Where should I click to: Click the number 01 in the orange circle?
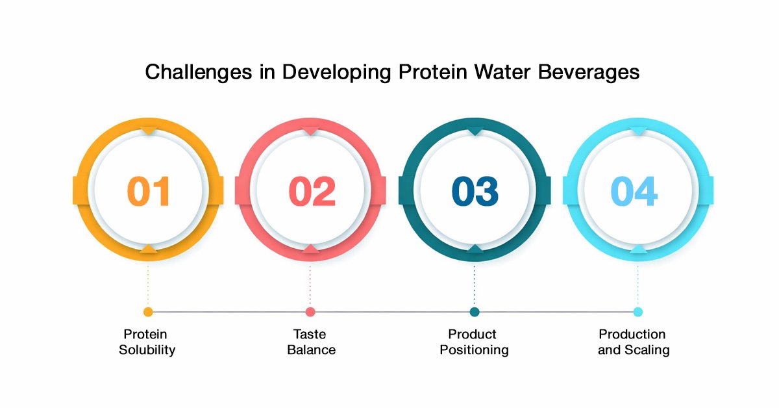tap(149, 191)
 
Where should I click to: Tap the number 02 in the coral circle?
tap(312, 191)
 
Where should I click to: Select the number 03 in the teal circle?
tap(475, 191)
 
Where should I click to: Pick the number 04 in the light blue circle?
tap(634, 191)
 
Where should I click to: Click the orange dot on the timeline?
tap(148, 312)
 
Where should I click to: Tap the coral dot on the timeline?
tap(310, 312)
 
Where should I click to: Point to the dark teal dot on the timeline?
tap(475, 312)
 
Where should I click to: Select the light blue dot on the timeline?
tap(637, 312)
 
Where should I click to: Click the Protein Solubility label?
tap(147, 342)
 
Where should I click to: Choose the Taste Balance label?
tap(311, 342)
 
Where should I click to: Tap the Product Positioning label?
tap(474, 342)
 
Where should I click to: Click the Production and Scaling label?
tap(634, 342)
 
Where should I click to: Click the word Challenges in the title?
tap(198, 72)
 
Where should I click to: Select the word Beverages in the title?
tap(589, 72)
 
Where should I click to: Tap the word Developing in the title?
tap(337, 72)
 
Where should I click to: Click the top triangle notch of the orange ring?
tap(149, 131)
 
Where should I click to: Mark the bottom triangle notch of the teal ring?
tap(475, 248)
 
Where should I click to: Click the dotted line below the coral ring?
tap(310, 286)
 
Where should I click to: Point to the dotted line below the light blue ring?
tap(637, 286)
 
